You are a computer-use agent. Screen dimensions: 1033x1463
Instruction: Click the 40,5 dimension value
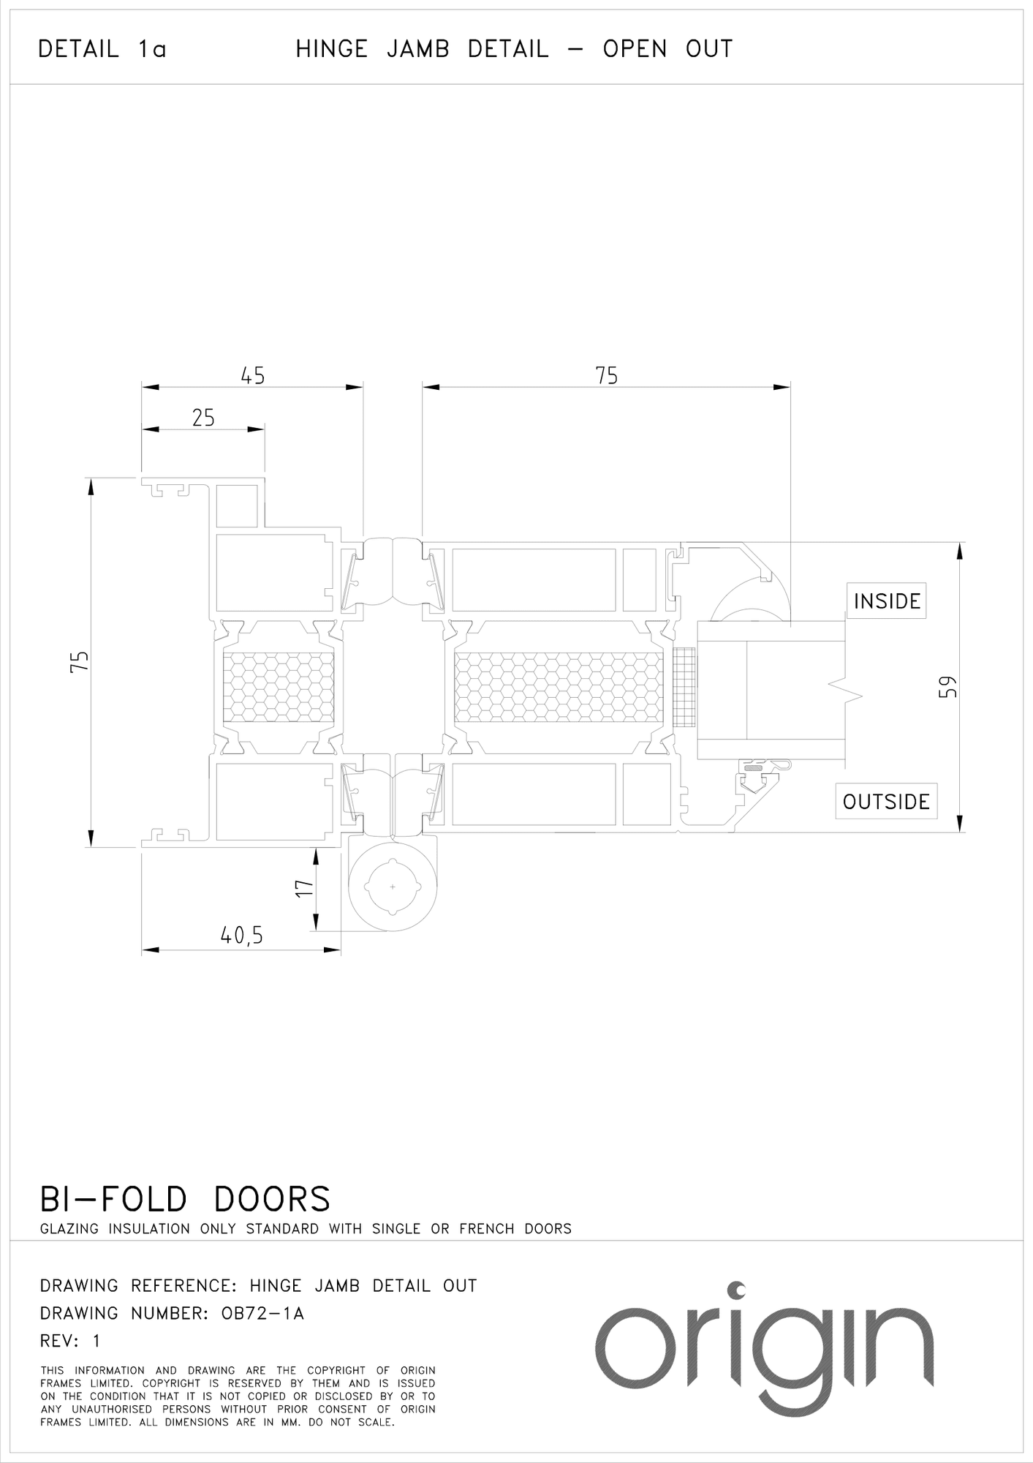click(241, 936)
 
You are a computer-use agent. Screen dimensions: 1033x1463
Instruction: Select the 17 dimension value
click(304, 889)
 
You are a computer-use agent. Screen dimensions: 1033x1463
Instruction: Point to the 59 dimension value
click(947, 688)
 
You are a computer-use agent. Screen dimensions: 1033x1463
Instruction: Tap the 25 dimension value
click(203, 418)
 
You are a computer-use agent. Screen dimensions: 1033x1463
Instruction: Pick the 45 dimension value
click(253, 376)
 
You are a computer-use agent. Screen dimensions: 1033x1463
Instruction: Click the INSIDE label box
click(887, 601)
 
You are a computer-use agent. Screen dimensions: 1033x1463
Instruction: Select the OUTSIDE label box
click(886, 802)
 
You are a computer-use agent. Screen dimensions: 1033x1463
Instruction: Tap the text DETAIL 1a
click(102, 50)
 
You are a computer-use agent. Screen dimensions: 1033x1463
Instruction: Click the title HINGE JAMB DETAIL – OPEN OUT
click(514, 49)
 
